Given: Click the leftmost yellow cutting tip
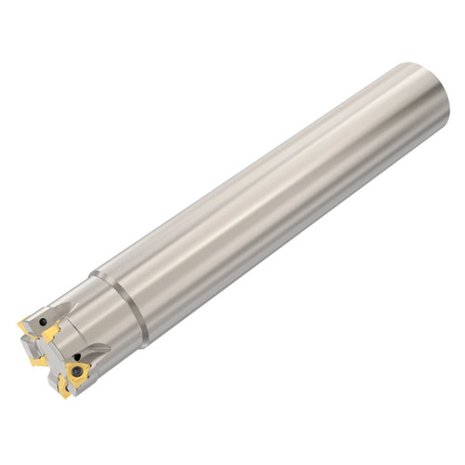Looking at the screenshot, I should click(22, 326).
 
